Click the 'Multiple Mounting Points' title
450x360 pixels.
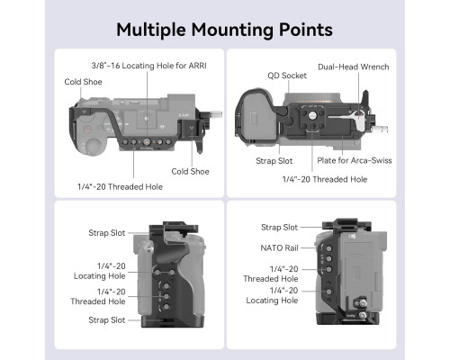coord(224,30)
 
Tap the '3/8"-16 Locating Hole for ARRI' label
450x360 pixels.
coord(148,66)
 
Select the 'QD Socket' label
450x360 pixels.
coord(287,76)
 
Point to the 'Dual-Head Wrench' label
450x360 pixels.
coord(354,67)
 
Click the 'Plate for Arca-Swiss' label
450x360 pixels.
coord(355,160)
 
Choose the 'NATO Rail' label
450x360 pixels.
coord(279,248)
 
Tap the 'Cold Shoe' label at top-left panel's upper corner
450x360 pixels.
coord(83,82)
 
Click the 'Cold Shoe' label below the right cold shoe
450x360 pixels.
coord(190,172)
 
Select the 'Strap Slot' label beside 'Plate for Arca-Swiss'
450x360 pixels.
coord(274,161)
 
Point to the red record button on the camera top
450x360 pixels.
coord(87,130)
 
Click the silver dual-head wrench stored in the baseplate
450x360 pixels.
coord(348,115)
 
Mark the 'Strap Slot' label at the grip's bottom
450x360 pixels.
coord(107,320)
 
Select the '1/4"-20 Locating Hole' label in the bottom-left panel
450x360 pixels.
coord(100,271)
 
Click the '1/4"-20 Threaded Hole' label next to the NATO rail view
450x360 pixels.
coord(271,274)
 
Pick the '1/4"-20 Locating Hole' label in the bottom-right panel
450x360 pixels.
coord(272,295)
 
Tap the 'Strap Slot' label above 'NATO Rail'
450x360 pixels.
coord(279,228)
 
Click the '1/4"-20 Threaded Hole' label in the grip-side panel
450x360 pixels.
coord(98,296)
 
